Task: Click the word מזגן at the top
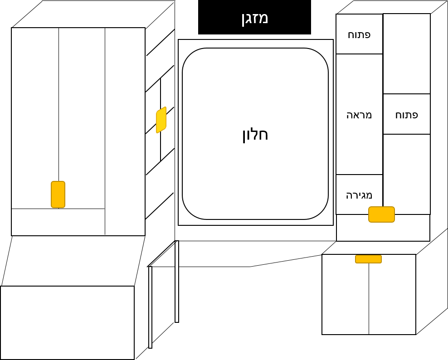[254, 18]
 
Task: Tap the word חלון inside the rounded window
[255, 135]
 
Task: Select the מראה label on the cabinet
[359, 114]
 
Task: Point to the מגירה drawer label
[359, 195]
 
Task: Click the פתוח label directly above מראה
[359, 34]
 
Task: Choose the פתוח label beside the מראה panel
[406, 114]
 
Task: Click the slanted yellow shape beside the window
[161, 120]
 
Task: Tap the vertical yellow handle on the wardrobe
[58, 195]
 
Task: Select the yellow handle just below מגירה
[381, 214]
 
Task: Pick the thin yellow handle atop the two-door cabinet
[368, 259]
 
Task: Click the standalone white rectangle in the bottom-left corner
[67, 322]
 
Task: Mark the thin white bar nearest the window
[177, 282]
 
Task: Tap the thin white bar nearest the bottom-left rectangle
[150, 307]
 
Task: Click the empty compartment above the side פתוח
[406, 54]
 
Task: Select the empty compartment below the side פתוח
[406, 174]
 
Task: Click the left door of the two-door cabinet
[345, 297]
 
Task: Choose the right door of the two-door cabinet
[392, 297]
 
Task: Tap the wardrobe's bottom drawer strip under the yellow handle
[58, 222]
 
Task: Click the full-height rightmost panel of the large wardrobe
[125, 131]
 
